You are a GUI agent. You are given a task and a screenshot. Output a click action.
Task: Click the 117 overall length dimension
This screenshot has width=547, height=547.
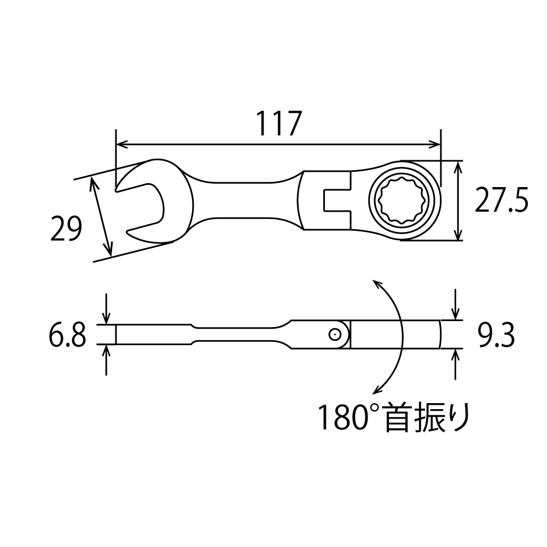278,124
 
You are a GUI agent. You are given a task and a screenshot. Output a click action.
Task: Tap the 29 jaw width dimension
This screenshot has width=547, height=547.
66,228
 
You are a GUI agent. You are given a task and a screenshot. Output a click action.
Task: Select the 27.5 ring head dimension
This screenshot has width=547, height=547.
501,200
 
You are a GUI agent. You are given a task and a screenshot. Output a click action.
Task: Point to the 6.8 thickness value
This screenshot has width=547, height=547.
67,335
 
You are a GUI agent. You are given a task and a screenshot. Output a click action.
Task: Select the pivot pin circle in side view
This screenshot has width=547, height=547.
334,335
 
